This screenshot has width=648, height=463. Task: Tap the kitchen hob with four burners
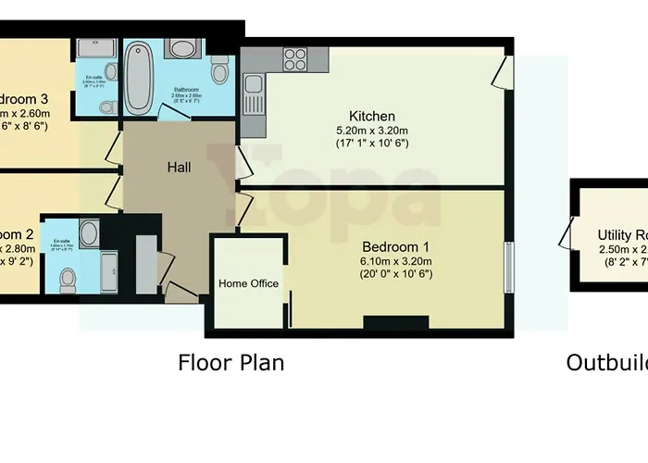tap(294, 59)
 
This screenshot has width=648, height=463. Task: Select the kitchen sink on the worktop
tap(253, 93)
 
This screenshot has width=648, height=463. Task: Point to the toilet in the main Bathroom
tap(219, 70)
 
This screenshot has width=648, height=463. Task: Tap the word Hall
tap(179, 168)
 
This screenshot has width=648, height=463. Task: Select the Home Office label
tap(248, 283)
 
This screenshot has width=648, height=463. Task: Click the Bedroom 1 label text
tap(395, 247)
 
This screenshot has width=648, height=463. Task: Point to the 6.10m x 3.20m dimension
tap(395, 261)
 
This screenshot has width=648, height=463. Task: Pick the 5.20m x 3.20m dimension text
tap(372, 131)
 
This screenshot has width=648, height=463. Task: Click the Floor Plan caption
tap(231, 362)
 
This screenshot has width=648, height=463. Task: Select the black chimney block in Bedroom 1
tap(395, 323)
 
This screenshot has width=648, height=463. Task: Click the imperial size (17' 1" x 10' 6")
tap(372, 144)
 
